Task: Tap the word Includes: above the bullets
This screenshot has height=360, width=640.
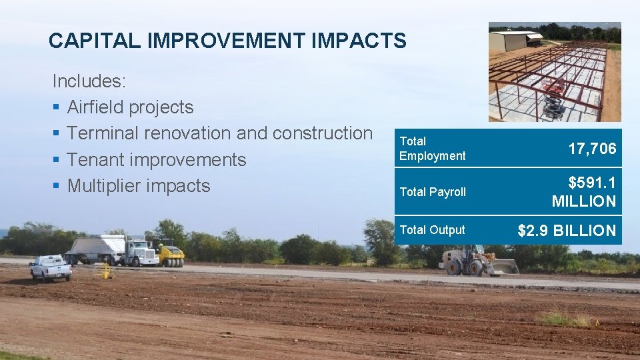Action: click(x=89, y=81)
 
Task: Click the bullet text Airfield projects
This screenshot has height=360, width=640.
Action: click(x=130, y=107)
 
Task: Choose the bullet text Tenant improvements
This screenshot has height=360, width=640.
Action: click(x=157, y=160)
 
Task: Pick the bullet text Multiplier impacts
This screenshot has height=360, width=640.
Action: click(x=139, y=186)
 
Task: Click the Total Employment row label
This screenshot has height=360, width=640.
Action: click(x=432, y=149)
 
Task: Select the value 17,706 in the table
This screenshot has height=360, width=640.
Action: click(x=592, y=149)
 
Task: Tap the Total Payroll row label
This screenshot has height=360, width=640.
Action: click(x=432, y=192)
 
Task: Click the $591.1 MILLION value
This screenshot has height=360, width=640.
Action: click(x=583, y=192)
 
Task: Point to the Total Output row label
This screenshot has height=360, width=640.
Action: click(x=432, y=230)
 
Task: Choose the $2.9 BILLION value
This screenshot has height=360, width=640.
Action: click(x=567, y=231)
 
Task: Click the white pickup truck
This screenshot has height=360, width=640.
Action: click(x=51, y=267)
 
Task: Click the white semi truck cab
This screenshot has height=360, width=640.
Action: click(x=139, y=253)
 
